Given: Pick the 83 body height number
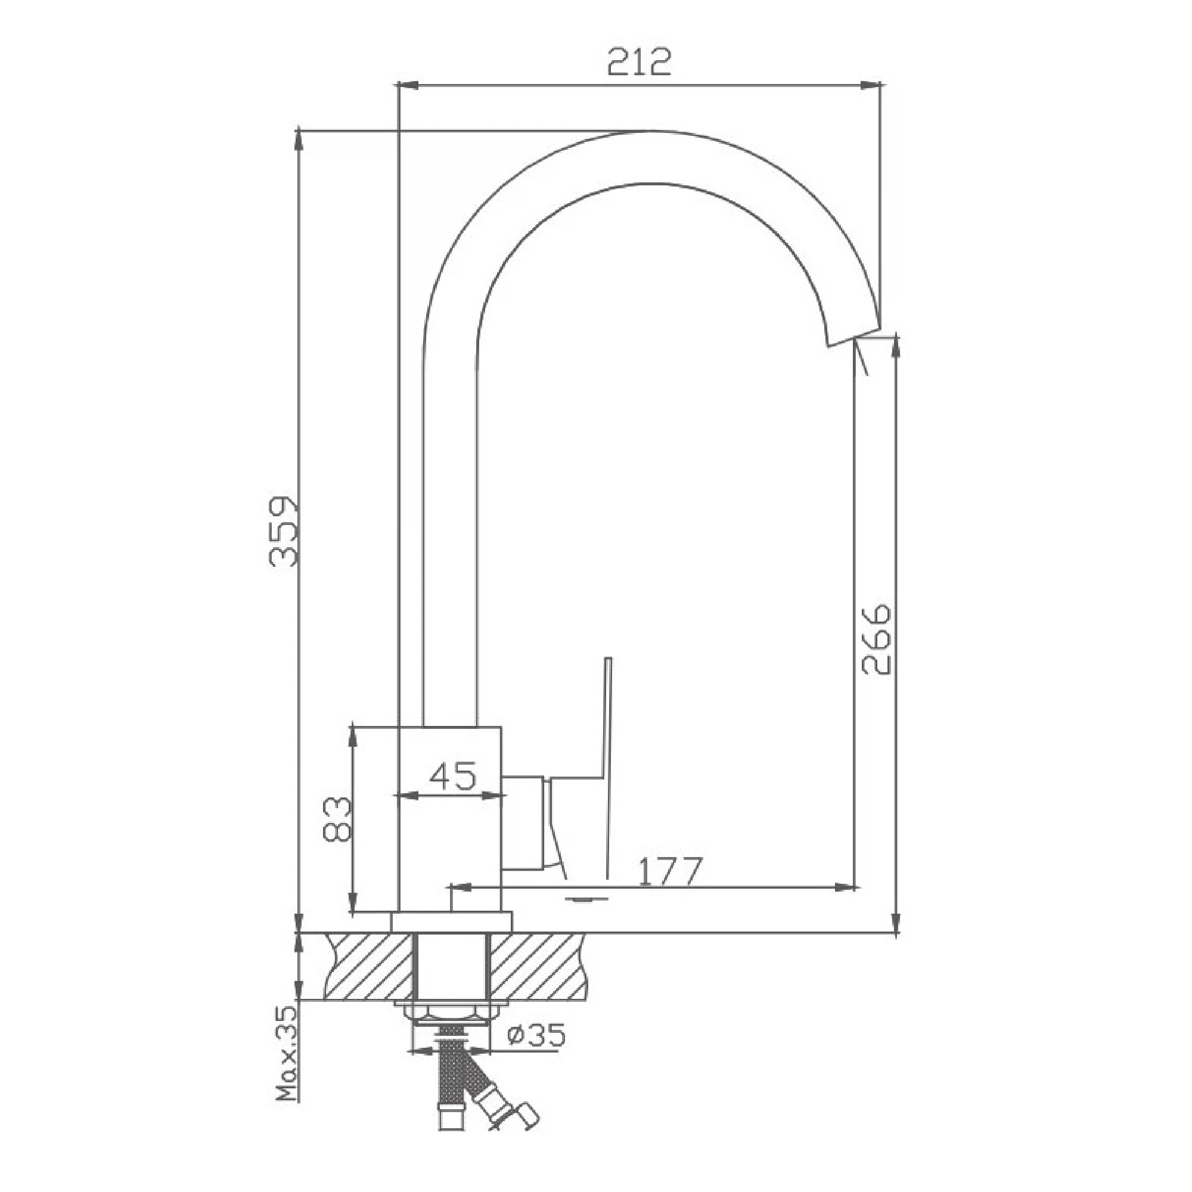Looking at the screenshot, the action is [337, 819].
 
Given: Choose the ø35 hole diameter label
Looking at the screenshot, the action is [536, 1035].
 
